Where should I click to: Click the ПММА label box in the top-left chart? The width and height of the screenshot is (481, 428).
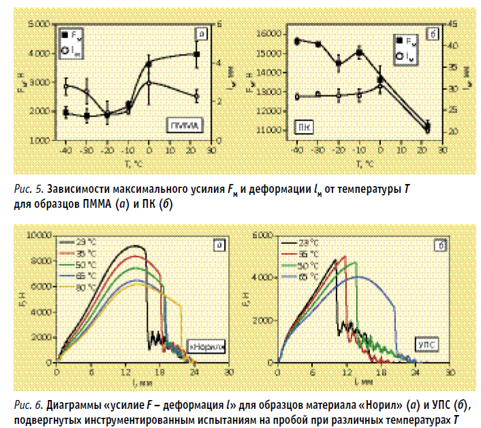pyautogui.click(x=185, y=125)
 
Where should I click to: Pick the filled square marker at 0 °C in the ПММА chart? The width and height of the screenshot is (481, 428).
pyautogui.click(x=149, y=65)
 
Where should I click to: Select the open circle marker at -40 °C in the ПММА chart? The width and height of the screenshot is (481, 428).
pyautogui.click(x=66, y=87)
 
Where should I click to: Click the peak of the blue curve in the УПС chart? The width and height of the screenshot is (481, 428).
pyautogui.click(x=360, y=276)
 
